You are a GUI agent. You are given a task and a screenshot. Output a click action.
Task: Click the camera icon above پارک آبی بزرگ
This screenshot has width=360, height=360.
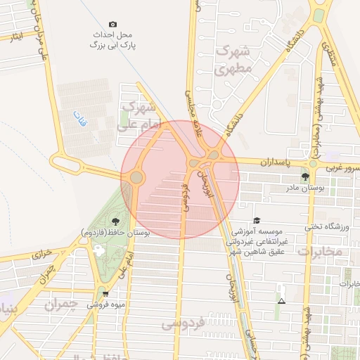pos(114,24)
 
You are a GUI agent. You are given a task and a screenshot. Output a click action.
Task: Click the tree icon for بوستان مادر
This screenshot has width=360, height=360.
pos(304,176)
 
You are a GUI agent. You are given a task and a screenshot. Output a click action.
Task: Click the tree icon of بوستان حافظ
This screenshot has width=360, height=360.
pos(115,222)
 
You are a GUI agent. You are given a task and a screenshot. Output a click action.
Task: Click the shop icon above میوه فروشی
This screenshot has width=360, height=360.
pos(105,294)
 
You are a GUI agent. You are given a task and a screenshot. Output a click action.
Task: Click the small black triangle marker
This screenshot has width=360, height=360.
pos(282,301)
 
